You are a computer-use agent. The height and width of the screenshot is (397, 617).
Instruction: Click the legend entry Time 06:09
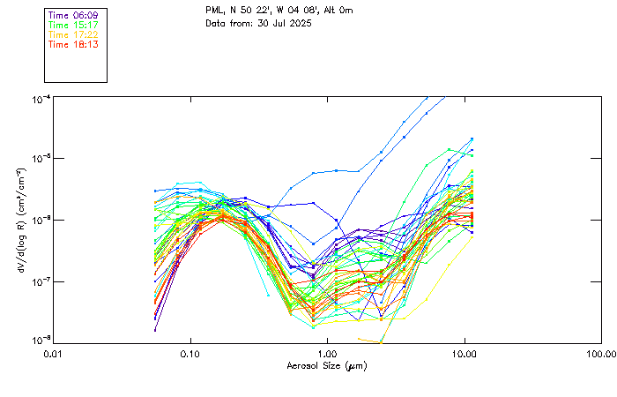coord(73,15)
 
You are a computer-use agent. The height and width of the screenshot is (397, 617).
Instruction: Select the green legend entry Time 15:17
coord(73,25)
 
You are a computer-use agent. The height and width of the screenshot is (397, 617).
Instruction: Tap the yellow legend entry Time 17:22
coord(73,34)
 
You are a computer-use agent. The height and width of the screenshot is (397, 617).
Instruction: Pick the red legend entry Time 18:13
coord(73,44)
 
